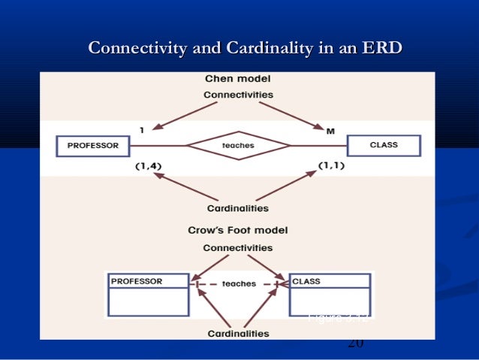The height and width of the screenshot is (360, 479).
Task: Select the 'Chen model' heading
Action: [x=238, y=78]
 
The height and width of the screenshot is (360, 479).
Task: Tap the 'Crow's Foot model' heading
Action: [x=237, y=230]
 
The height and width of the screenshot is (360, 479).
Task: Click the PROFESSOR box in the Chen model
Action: [x=94, y=145]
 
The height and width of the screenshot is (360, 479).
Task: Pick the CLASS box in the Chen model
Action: [x=384, y=144]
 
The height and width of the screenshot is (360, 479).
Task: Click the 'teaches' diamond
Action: [x=238, y=145]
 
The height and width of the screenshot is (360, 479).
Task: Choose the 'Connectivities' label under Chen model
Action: [x=238, y=95]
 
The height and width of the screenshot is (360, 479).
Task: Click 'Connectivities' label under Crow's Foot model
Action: [x=238, y=247]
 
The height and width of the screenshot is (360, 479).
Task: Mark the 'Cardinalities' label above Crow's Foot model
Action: [x=238, y=208]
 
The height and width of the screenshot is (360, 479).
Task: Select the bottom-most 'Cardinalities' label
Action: [x=238, y=332]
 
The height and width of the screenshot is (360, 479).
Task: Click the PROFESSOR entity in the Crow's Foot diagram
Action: [x=147, y=294]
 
